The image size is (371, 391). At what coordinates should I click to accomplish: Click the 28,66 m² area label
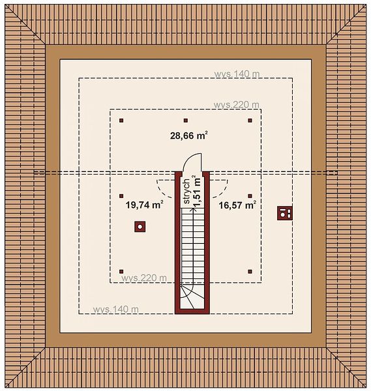[189, 136]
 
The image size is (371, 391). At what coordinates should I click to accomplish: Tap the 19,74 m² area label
[145, 205]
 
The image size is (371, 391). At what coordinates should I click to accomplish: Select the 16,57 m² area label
[237, 205]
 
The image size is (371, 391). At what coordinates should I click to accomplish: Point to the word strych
[186, 191]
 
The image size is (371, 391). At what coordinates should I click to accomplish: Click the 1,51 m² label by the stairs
[197, 191]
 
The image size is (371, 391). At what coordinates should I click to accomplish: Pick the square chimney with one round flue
[140, 227]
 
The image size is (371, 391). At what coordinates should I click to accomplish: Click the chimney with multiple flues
[285, 213]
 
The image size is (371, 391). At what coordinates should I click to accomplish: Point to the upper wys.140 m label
[237, 74]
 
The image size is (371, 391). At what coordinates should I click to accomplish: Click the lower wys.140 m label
[115, 309]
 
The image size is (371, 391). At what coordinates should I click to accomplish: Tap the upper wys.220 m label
[236, 105]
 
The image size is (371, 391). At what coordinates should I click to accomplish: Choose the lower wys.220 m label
[143, 278]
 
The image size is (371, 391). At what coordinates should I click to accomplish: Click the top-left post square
[121, 121]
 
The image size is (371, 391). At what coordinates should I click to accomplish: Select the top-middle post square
[186, 121]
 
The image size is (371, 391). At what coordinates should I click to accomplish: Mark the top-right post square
[250, 121]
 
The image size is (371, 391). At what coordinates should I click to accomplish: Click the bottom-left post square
[121, 271]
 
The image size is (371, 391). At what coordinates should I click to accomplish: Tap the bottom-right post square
[250, 271]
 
